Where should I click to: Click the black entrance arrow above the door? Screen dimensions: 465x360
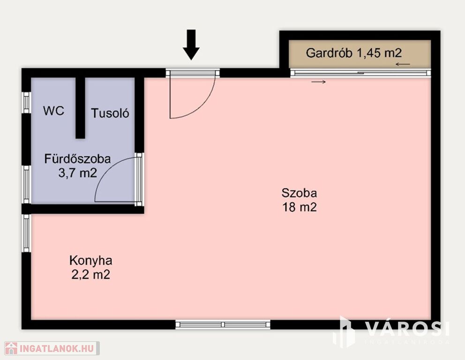coord(191,45)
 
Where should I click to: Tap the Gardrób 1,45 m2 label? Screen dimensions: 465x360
coord(354,53)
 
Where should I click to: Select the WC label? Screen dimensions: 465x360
coord(54,111)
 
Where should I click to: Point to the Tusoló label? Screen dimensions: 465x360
coord(110,113)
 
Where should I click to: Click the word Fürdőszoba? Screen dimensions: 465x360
coord(78,159)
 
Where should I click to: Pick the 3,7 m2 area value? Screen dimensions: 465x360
coord(78,172)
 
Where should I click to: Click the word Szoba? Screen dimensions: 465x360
coord(299,193)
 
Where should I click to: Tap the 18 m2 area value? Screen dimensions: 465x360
coord(299,207)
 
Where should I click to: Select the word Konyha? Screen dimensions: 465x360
coord(91,260)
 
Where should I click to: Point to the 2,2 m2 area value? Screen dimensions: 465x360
coord(91,274)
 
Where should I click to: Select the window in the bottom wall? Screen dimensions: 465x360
coord(223,324)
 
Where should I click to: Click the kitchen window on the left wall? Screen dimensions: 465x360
coord(26,233)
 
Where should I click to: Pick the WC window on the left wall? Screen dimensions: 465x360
coord(26,103)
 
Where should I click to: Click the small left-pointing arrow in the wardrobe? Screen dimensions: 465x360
coord(403,64)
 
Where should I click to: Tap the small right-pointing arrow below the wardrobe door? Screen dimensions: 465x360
coord(318,82)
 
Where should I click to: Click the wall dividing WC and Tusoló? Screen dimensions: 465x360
coord(80,108)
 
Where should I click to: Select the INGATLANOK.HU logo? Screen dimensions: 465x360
coord(52,348)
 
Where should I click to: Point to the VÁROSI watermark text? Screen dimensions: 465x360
coord(406,329)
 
